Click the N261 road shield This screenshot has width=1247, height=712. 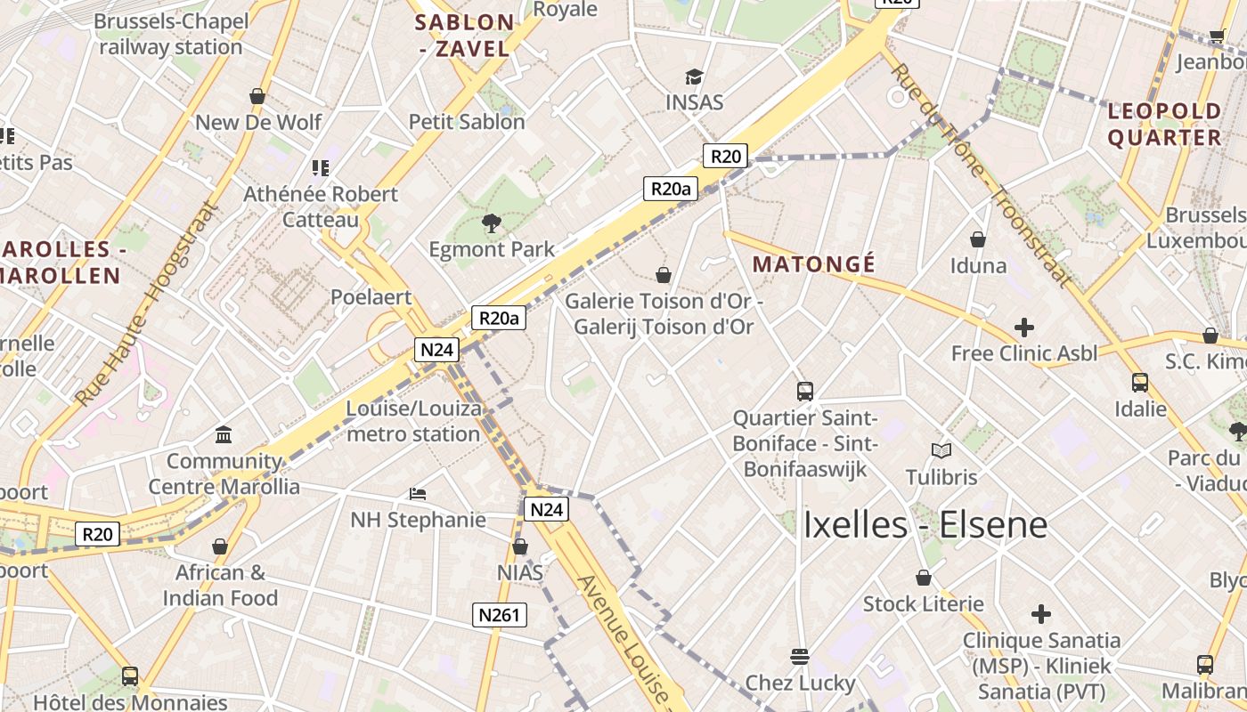click(500, 615)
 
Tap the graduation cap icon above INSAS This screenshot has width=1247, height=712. click(694, 77)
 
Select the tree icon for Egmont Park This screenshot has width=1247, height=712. click(491, 222)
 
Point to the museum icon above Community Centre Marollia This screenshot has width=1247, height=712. click(224, 434)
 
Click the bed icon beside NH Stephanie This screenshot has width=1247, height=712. click(418, 493)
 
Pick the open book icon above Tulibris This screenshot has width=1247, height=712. click(941, 450)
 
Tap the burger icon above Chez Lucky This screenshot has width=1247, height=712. click(800, 657)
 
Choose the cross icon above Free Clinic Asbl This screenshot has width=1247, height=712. click(1024, 327)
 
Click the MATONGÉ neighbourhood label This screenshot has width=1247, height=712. click(814, 264)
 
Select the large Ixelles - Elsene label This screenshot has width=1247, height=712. click(925, 524)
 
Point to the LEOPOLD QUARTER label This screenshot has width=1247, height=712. click(1164, 125)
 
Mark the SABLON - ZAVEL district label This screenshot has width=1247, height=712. click(465, 36)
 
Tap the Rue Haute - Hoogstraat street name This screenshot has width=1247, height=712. click(146, 304)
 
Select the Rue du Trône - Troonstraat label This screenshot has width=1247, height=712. click(980, 174)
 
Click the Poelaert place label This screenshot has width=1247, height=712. click(371, 297)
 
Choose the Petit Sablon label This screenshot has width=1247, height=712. click(467, 122)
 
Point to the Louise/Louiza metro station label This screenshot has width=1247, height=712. click(413, 422)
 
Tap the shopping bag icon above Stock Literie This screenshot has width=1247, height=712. click(924, 578)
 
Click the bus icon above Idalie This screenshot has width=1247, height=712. click(1140, 383)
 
